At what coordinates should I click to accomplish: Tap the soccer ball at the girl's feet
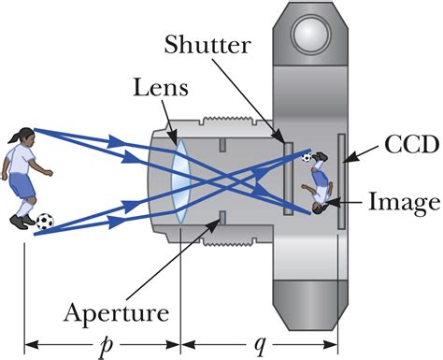44,222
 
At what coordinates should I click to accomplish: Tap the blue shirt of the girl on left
19,168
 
